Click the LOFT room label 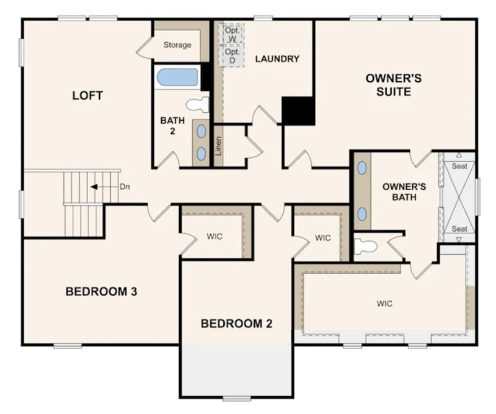tap(87, 95)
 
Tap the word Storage tap(177, 45)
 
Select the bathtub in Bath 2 tap(177, 77)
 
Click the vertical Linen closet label tap(218, 145)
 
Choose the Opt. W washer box tap(232, 34)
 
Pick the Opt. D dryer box tap(232, 56)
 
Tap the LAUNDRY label tap(277, 59)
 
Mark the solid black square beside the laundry tap(298, 110)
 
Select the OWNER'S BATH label tap(404, 192)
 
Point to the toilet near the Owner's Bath tap(366, 247)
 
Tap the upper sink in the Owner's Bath tap(362, 168)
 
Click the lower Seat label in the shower tap(459, 229)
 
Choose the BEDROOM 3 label tap(101, 291)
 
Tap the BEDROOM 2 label tap(237, 323)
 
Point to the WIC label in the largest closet tap(384, 304)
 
